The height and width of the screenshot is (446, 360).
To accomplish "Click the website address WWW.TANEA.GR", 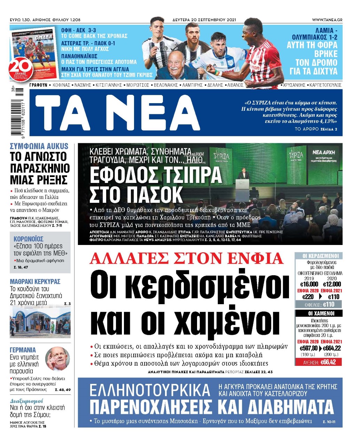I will coord(327,20).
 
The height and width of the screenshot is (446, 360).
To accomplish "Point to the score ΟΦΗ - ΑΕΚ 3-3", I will coord(79,30).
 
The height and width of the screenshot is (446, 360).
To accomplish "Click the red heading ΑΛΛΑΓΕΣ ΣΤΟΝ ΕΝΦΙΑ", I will coord(187,259).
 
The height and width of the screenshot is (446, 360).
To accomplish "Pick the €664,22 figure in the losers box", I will coord(332,348).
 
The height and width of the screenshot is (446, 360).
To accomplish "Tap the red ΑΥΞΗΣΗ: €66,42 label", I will coord(318,362).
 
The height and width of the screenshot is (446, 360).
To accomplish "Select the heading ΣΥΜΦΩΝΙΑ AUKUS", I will coord(39,146).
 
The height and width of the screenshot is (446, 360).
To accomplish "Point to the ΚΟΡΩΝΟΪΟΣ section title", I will coord(29,239).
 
